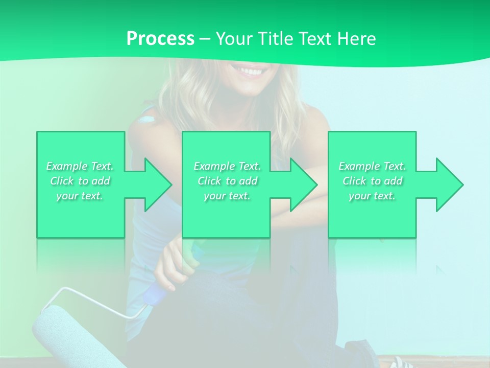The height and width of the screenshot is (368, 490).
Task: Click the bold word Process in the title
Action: (x=160, y=39)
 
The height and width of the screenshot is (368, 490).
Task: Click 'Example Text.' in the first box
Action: (x=80, y=166)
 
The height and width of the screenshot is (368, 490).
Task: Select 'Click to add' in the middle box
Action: (x=227, y=181)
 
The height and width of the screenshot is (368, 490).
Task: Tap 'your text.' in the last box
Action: (x=372, y=196)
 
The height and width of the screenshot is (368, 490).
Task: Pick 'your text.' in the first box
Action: (x=80, y=196)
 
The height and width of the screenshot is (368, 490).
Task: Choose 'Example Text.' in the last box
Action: (x=372, y=166)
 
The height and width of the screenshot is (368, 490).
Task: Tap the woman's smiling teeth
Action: (x=250, y=71)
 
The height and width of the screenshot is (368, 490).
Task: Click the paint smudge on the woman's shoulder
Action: (x=146, y=120)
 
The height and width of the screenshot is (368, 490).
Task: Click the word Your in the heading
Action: (x=235, y=39)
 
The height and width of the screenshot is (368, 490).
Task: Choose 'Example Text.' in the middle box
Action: (x=227, y=166)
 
